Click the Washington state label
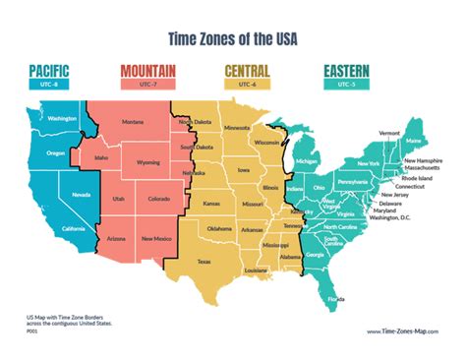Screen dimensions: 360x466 tap(62, 118)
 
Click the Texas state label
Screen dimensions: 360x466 tap(204, 262)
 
